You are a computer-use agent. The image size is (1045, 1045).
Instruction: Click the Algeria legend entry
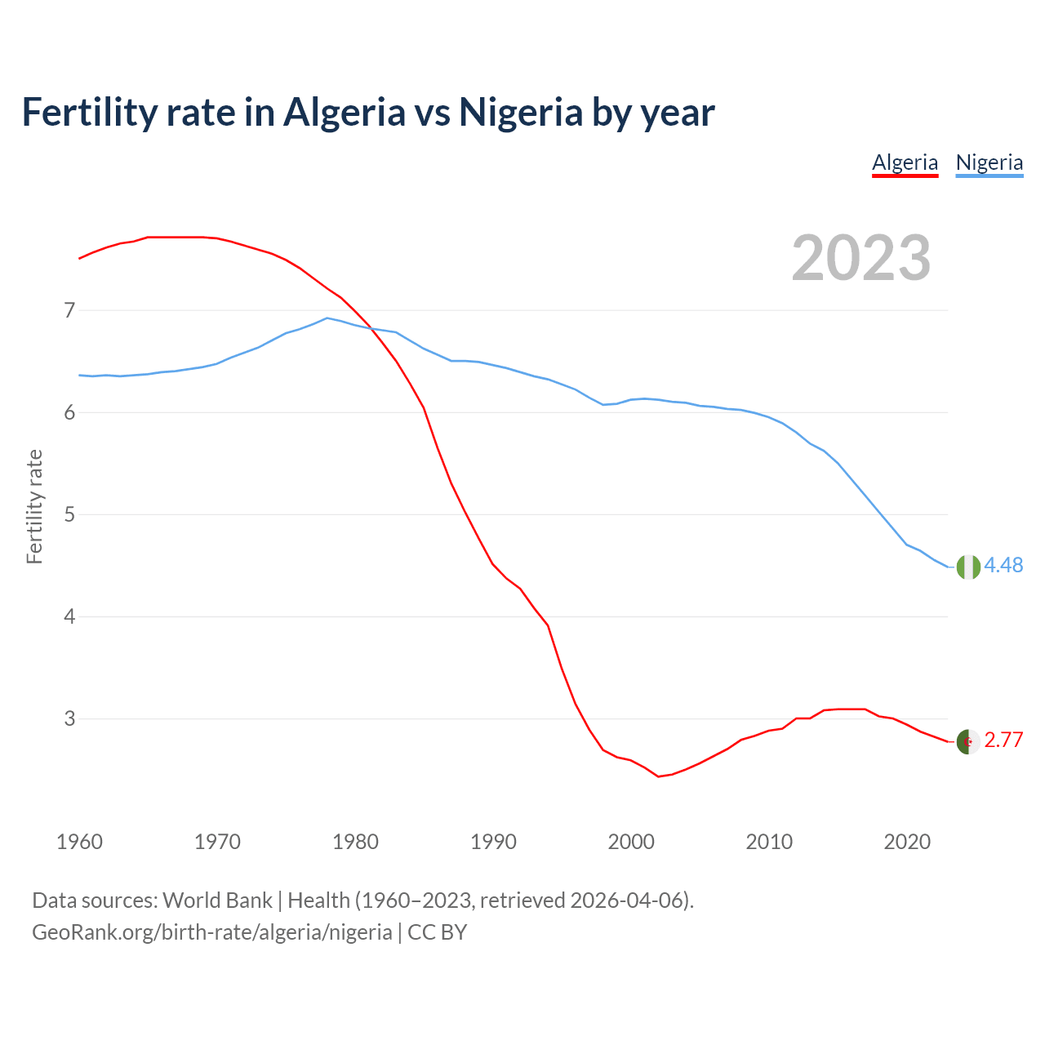905,162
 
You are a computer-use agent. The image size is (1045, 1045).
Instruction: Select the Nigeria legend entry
989,162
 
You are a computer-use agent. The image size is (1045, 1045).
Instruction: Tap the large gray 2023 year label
860,258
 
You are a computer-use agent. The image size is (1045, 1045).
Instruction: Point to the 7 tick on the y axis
69,310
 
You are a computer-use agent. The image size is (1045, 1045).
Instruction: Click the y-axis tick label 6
69,412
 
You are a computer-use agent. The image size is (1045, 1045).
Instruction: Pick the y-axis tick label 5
69,514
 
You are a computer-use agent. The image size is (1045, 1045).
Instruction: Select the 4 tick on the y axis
69,616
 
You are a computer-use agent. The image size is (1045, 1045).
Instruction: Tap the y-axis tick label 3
69,718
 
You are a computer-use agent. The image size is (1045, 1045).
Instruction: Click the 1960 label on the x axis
79,842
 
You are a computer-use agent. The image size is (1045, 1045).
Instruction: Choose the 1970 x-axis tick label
217,842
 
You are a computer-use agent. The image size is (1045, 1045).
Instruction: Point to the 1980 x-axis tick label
355,842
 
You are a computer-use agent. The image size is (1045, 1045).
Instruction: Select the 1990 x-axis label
493,842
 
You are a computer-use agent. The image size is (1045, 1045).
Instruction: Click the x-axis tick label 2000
631,842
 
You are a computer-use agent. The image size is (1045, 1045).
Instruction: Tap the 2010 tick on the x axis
769,842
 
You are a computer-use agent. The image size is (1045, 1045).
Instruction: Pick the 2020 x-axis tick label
907,842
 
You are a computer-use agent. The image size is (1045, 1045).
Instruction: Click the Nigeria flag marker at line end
968,567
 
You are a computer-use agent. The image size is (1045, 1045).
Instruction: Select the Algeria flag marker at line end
968,741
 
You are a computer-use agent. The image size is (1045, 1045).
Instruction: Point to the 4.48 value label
1003,565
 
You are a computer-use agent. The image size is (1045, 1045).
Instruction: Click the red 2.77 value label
1003,740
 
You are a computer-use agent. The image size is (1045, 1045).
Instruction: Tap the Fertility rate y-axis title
34,506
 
